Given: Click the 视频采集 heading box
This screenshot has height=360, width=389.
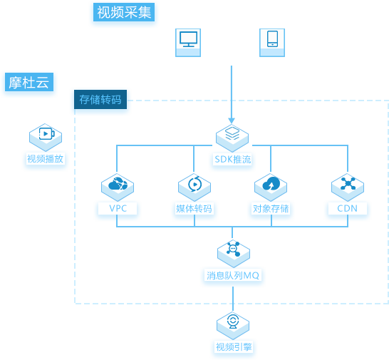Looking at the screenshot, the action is (x=124, y=12).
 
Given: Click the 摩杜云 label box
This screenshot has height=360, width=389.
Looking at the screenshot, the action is (x=29, y=82).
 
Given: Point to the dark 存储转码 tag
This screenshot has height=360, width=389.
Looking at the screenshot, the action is (x=100, y=100).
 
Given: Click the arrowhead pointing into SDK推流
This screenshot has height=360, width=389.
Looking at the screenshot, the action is (x=232, y=120).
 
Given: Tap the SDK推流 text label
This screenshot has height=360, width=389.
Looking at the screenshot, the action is (x=233, y=160).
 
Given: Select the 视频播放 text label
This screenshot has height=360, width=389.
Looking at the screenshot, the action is (x=46, y=159).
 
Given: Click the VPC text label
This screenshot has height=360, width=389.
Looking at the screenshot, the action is (x=118, y=208).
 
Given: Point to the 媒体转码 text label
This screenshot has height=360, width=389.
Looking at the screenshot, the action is (x=194, y=209).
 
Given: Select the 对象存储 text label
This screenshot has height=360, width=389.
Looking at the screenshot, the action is (x=271, y=209).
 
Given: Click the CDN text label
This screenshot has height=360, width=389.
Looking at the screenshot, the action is (x=348, y=208).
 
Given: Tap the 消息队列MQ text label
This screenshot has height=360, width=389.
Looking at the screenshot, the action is (x=233, y=275).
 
